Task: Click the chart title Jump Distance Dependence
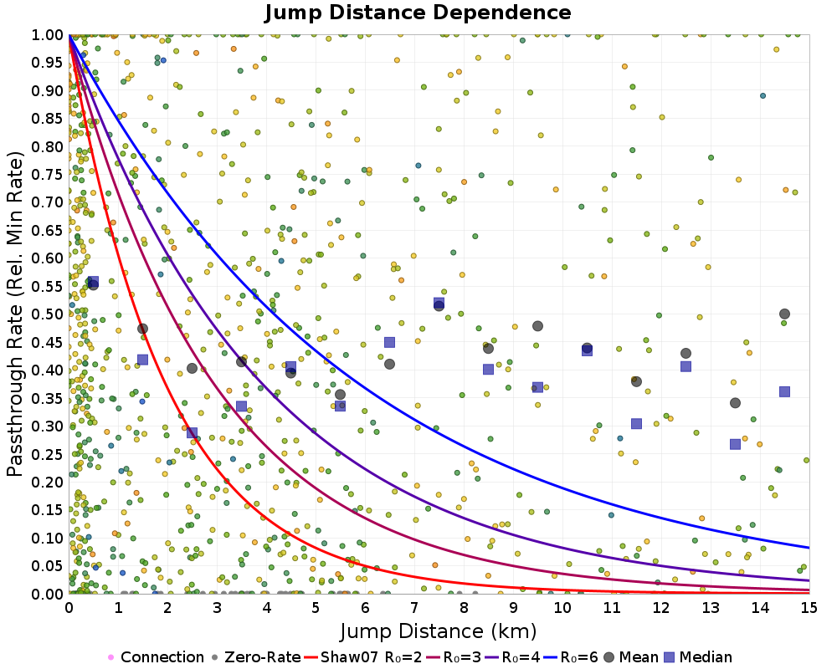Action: click(x=418, y=13)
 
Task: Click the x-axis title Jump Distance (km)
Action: click(x=438, y=630)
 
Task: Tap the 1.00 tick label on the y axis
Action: click(x=47, y=34)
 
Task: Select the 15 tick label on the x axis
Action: click(x=809, y=608)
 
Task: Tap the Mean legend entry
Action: click(x=629, y=657)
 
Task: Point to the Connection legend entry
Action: click(x=156, y=657)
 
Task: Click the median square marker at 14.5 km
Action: click(x=785, y=391)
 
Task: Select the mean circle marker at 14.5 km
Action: click(x=785, y=314)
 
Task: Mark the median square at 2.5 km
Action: click(x=192, y=433)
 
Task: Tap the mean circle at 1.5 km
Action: click(x=142, y=329)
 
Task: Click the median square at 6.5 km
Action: click(x=389, y=342)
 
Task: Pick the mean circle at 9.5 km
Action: click(x=537, y=326)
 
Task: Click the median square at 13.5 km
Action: click(x=735, y=444)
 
